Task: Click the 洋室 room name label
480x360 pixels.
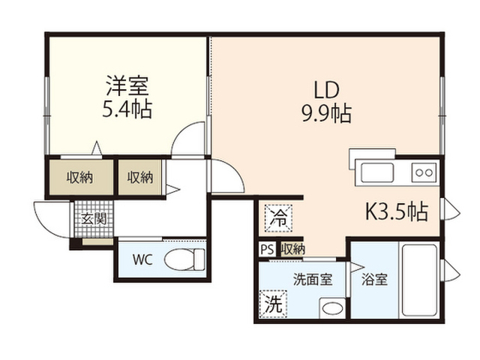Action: coord(127,85)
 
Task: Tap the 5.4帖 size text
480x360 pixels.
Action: coord(127,109)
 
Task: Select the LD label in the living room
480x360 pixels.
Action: coord(327,90)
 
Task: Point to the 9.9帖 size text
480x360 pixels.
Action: coord(327,113)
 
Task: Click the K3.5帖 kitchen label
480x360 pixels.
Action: coord(397,211)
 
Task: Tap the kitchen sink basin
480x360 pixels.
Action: coord(377,173)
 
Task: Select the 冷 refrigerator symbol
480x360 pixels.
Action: coord(278,218)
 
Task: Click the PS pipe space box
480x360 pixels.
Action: coord(268,249)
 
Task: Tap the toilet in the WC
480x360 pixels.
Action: coord(184,259)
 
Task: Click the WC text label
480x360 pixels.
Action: coord(142,260)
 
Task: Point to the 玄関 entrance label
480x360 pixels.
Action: coord(94,219)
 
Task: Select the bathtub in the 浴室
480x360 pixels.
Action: coord(419,280)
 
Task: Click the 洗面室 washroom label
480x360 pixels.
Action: coord(313,279)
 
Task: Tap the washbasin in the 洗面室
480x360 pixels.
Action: coord(332,307)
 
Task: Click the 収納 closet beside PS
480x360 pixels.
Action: coord(293,249)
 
